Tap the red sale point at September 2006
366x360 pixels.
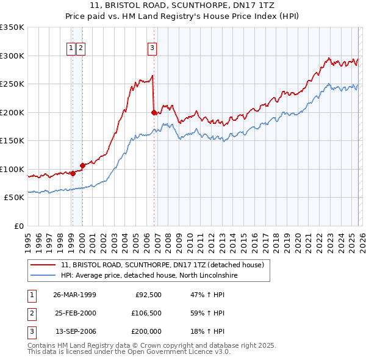[x=154, y=112]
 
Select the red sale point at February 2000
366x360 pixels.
[x=82, y=165]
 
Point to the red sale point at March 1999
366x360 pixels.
[x=73, y=173]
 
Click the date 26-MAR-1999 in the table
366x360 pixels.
[x=75, y=295]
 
